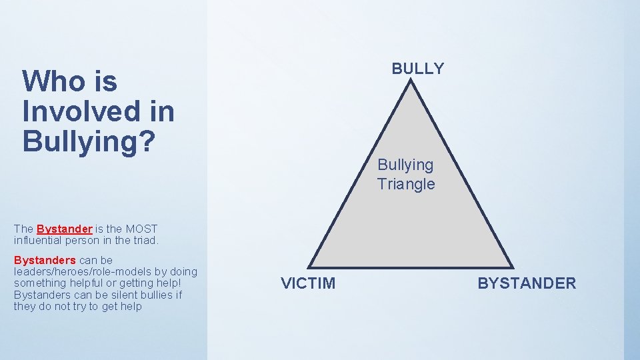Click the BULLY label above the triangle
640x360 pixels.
(x=417, y=69)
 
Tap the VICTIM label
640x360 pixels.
(x=308, y=283)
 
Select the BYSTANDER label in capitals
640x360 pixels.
(x=527, y=283)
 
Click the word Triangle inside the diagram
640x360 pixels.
(x=405, y=184)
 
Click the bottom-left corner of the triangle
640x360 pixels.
(x=309, y=267)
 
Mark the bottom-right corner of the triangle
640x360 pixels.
(x=513, y=267)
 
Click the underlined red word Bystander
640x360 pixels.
(x=64, y=229)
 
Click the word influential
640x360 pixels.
(x=39, y=240)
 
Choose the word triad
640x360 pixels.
(x=145, y=240)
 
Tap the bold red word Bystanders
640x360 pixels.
(x=45, y=260)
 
